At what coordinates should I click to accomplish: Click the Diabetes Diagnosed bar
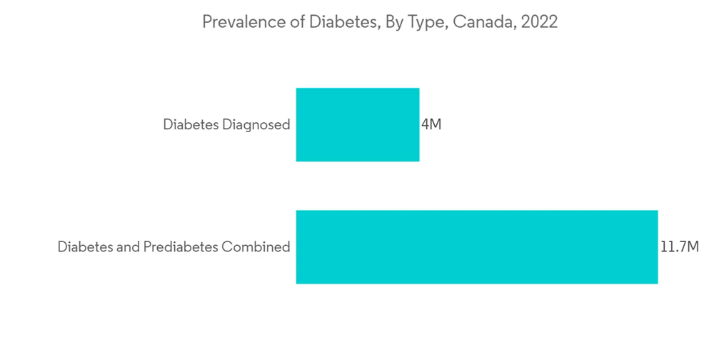358,124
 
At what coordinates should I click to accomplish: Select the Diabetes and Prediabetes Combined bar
476,246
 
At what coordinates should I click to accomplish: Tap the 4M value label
431,124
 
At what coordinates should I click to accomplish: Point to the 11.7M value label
679,246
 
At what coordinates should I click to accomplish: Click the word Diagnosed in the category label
257,125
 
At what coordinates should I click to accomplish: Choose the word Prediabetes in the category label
181,247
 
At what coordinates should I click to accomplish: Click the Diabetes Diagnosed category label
226,125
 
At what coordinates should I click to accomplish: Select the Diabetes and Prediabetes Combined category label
174,247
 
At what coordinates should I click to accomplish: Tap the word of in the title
296,22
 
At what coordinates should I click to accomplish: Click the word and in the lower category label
127,247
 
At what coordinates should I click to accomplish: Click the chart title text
380,22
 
